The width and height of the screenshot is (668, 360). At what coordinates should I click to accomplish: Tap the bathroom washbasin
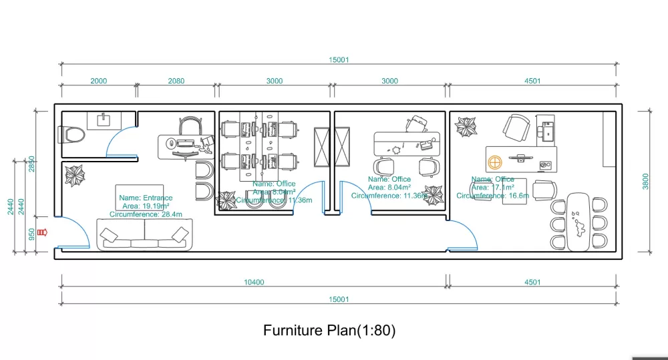(104, 120)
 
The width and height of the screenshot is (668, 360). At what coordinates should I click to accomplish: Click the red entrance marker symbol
(44, 232)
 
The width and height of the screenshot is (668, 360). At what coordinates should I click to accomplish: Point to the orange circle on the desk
(495, 162)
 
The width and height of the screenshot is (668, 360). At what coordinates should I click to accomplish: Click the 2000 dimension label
(98, 81)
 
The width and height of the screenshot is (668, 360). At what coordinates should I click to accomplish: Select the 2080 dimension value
(176, 81)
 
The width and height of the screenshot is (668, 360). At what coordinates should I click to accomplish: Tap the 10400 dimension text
(254, 283)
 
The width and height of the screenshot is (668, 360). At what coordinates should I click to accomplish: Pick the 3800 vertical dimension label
(645, 181)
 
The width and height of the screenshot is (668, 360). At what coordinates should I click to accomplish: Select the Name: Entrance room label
(146, 198)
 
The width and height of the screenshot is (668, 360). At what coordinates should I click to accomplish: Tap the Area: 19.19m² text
(145, 206)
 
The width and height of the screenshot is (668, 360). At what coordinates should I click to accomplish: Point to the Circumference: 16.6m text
(493, 196)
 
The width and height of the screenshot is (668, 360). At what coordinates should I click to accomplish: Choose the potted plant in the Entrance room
(75, 176)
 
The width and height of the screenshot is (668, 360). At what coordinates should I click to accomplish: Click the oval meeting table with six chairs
(578, 222)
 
